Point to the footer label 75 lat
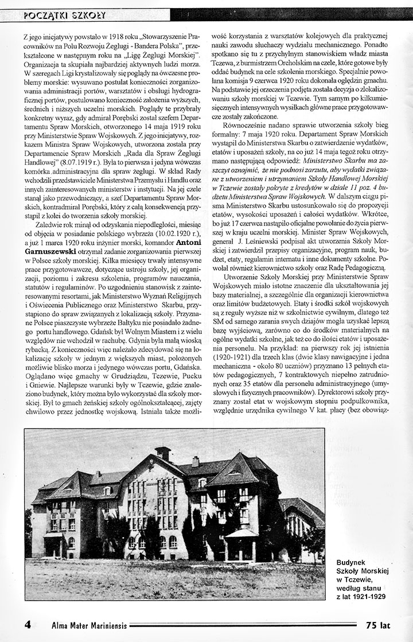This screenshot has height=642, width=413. point(377,625)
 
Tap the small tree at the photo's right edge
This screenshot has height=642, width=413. point(314,539)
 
